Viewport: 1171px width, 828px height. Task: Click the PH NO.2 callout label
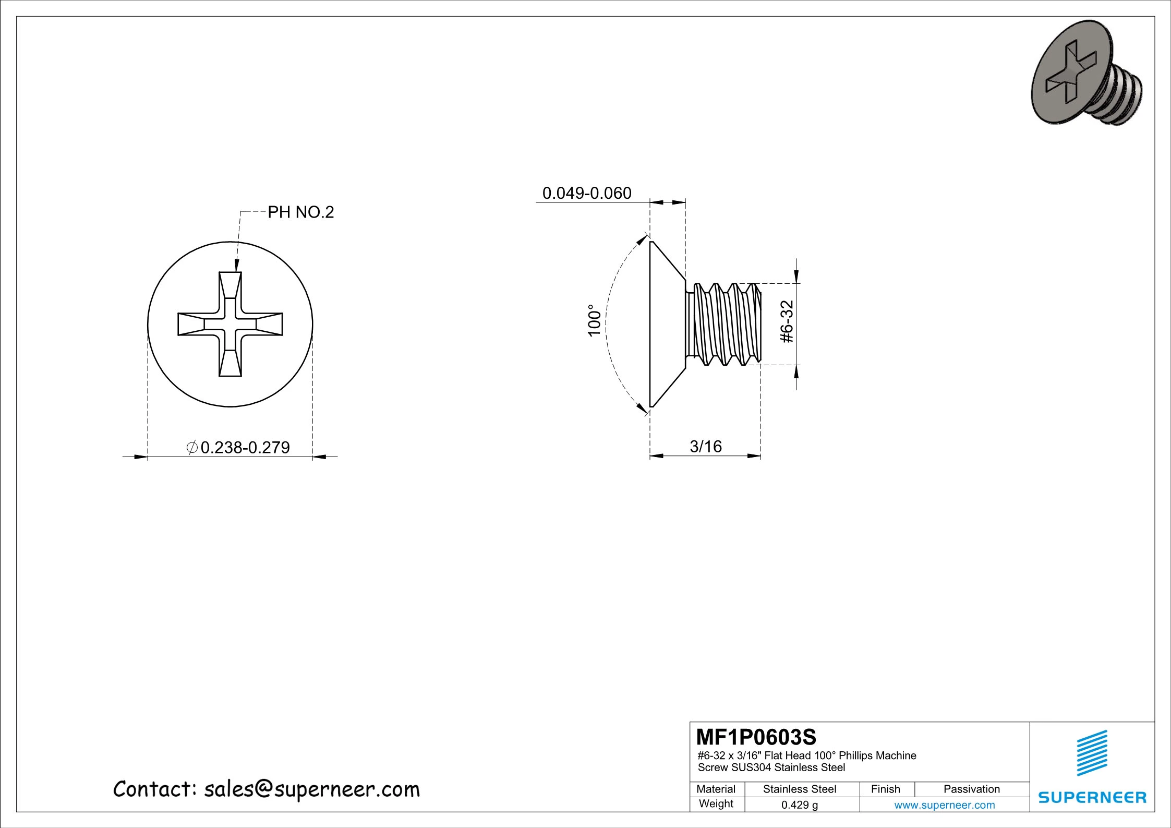[x=300, y=212]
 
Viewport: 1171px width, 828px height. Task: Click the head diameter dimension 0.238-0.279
[x=245, y=448]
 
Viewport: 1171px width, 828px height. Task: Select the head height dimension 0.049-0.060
[x=587, y=193]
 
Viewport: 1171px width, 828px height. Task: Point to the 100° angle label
[x=595, y=321]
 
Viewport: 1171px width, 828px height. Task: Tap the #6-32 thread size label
[x=787, y=322]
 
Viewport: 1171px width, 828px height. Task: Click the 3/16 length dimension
[x=706, y=447]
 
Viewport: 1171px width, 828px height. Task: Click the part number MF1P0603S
[x=756, y=737]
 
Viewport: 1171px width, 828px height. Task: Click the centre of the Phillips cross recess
[x=230, y=324]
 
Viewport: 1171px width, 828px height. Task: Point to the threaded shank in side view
[x=725, y=323]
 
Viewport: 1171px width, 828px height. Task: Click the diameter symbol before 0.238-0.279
[x=191, y=447]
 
